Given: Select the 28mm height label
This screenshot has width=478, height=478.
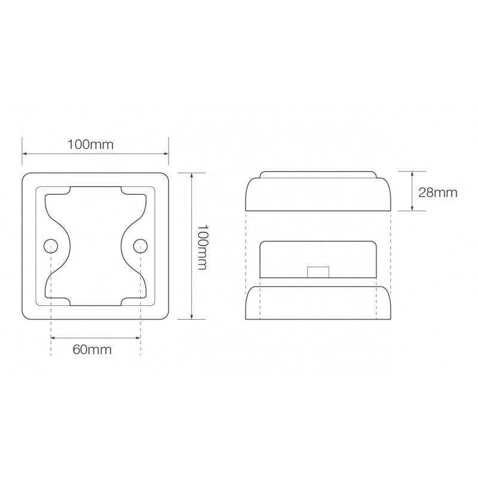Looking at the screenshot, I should [x=437, y=192].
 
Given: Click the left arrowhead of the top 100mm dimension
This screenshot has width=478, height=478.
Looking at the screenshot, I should [x=24, y=155].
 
